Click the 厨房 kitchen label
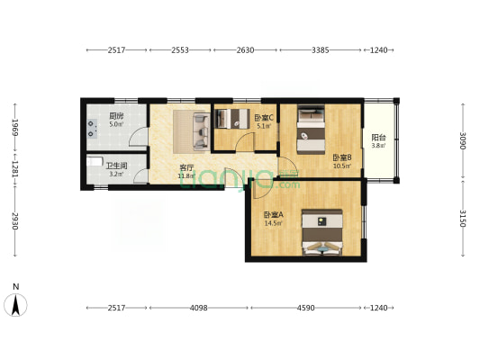click(116, 116)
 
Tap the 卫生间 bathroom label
click(116, 166)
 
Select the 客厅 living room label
click(186, 168)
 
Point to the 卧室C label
click(264, 118)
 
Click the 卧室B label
click(342, 157)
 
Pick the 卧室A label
click(274, 215)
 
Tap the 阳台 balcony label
click(378, 138)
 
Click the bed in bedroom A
click(322, 232)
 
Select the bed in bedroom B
click(311, 129)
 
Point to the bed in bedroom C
click(232, 119)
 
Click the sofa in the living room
click(202, 131)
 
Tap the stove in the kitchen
click(92, 129)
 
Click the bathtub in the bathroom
click(95, 161)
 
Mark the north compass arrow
click(15, 304)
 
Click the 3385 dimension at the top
click(321, 49)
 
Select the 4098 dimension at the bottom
click(199, 308)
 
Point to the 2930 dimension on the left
click(15, 220)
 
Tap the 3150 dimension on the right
click(463, 219)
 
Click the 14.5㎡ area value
click(274, 223)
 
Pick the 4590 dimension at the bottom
click(306, 308)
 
